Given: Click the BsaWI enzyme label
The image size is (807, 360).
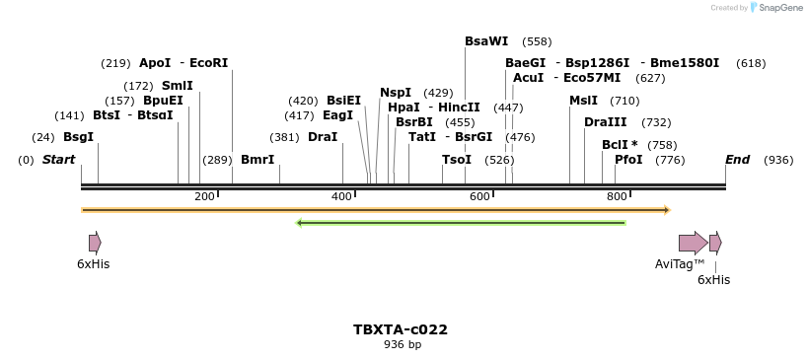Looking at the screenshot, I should tap(486, 41).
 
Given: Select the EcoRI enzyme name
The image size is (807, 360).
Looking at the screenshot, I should tap(208, 63).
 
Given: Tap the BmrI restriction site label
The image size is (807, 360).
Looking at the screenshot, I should tap(257, 160).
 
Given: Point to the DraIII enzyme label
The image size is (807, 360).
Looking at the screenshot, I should tap(605, 122).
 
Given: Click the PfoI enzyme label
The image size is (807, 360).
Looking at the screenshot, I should tap(628, 160).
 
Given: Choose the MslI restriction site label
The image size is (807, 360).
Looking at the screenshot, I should tap(583, 101).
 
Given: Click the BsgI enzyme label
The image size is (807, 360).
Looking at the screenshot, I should tap(78, 137).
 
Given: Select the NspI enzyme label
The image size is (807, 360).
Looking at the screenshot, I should tap(396, 93).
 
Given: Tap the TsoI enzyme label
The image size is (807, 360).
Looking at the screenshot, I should tap(457, 160).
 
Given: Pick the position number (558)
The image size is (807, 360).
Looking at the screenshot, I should tap(537, 41).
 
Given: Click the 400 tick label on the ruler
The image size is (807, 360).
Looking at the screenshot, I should tap(341, 197).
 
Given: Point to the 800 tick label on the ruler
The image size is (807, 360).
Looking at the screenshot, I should tap(617, 197).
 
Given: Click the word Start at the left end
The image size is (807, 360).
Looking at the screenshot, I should tap(58, 160).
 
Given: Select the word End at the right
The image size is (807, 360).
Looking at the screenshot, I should tap(737, 160).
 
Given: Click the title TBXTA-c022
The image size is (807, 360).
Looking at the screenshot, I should tap(401, 329).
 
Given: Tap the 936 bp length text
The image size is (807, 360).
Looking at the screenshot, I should tap(402, 345).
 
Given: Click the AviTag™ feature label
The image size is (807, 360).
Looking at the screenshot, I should tap(680, 264).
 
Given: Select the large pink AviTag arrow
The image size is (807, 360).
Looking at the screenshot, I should tap(693, 243).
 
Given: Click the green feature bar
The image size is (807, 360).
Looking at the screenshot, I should tap(461, 223).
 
